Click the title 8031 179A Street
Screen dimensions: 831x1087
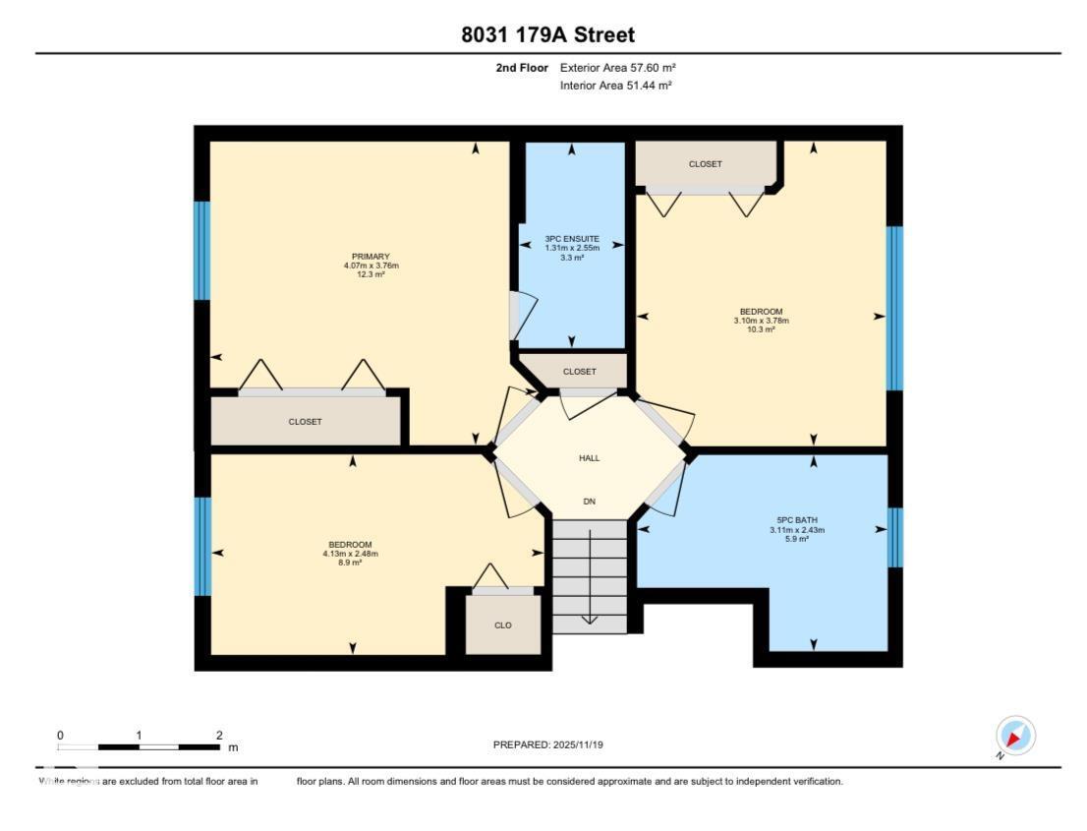(547, 35)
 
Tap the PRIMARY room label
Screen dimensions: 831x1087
(371, 257)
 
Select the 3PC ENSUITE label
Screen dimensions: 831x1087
(572, 239)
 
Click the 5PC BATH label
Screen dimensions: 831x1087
(796, 519)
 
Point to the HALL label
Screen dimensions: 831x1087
(589, 458)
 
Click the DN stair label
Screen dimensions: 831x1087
(589, 502)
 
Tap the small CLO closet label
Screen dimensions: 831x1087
(502, 625)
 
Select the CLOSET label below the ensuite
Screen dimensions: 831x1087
(579, 372)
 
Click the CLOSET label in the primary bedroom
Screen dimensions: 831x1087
(305, 422)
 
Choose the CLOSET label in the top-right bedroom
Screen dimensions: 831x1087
(705, 164)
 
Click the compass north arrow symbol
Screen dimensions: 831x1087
(1015, 737)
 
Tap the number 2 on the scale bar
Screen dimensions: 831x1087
(219, 736)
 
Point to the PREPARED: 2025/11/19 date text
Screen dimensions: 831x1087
(547, 745)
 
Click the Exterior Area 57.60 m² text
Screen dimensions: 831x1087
(617, 68)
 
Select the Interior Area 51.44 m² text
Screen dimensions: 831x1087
(615, 87)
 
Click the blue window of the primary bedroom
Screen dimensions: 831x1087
(201, 251)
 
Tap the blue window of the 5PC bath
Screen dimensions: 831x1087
(894, 538)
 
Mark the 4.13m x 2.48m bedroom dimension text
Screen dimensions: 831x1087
(351, 554)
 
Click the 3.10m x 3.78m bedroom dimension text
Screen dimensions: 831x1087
(761, 321)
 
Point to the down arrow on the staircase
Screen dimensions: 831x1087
(589, 618)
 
